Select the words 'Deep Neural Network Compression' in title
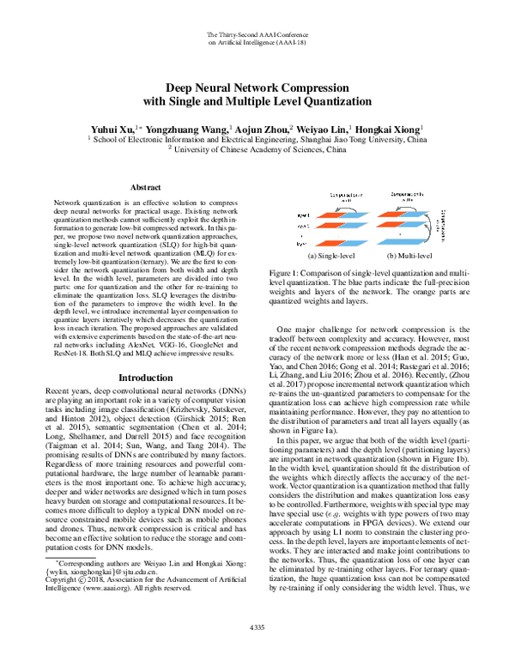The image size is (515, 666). coord(257,88)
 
